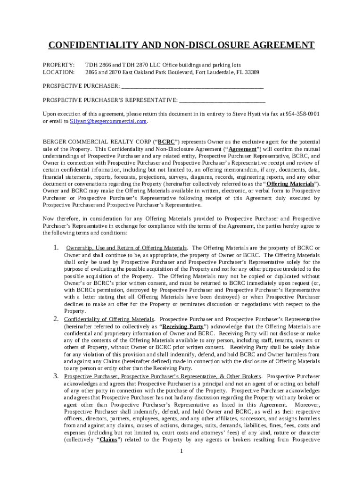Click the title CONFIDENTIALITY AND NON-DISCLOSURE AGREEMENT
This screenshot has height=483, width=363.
coord(181,45)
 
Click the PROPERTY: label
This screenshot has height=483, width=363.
coord(58,65)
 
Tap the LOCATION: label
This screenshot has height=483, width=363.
coord(58,72)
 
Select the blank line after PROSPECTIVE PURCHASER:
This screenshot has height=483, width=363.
coord(192,87)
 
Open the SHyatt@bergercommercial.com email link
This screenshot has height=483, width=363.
coord(108,121)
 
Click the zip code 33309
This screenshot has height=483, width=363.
coord(251,72)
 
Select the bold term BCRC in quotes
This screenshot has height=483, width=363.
coord(165,142)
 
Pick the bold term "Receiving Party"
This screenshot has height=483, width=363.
coord(183,326)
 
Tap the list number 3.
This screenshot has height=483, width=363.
coord(56,376)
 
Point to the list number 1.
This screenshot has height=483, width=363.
coord(56,248)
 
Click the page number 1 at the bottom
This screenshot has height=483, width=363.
coord(181,451)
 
